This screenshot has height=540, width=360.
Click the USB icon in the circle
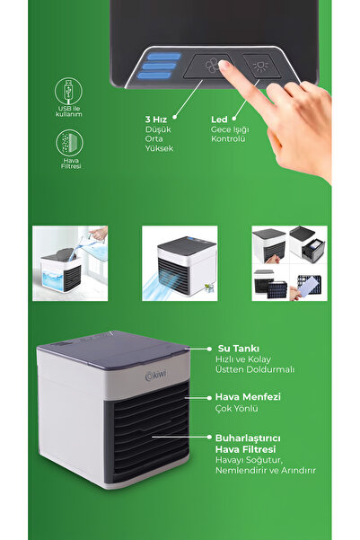click(x=69, y=91)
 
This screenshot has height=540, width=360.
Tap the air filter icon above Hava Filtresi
click(x=69, y=143)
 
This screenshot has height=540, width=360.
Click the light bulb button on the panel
click(x=261, y=66)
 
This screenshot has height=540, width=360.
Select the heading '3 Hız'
click(x=155, y=120)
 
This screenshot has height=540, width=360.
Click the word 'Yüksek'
click(x=159, y=148)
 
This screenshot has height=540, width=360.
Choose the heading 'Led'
click(x=219, y=120)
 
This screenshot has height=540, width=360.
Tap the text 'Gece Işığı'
click(x=230, y=129)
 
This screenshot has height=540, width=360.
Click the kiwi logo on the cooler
click(x=155, y=376)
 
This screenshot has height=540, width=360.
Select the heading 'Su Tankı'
click(x=239, y=349)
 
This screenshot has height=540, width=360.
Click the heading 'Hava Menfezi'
click(x=248, y=397)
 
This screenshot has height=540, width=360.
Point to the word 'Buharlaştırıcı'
click(x=248, y=438)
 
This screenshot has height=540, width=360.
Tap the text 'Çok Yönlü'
click(x=236, y=409)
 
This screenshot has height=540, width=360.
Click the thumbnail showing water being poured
click(x=70, y=263)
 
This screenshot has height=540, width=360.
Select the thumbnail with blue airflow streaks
click(x=180, y=263)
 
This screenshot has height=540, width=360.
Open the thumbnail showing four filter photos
click(x=289, y=263)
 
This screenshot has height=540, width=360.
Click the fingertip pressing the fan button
click(x=224, y=65)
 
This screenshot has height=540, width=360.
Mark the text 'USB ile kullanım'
click(x=69, y=111)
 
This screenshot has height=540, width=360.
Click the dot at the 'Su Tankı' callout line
click(x=209, y=349)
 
